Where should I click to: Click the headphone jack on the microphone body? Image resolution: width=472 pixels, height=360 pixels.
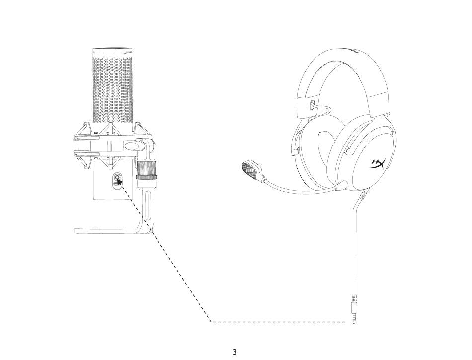(117, 177)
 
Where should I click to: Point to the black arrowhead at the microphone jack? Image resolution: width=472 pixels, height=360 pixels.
(119, 181)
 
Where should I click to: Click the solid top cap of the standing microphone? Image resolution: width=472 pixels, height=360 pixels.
(113, 51)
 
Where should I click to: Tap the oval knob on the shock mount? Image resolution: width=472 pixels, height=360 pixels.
(132, 146)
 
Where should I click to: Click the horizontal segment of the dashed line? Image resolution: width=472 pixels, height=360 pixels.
(278, 322)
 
